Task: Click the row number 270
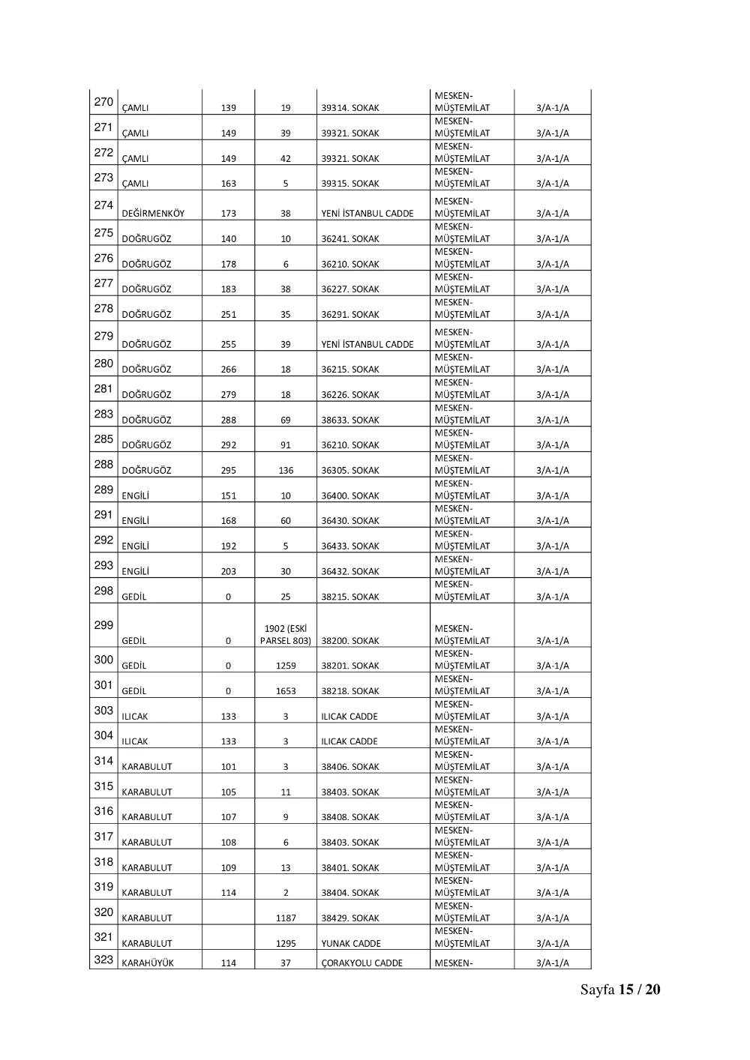point(103,102)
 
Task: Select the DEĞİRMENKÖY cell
point(153,214)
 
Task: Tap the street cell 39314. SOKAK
point(350,108)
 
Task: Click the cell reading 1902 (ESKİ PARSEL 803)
point(286,635)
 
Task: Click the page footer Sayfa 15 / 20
point(620,990)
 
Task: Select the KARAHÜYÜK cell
point(148,963)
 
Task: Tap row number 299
point(103,625)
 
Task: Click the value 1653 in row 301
point(286,691)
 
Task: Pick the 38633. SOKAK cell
point(350,421)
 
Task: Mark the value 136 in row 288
point(286,471)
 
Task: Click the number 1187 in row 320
point(286,918)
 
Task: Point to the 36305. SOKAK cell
point(350,471)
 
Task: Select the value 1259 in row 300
point(286,666)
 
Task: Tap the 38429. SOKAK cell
point(350,918)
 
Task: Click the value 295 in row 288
point(229,471)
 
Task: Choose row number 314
point(103,761)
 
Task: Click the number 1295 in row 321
point(286,944)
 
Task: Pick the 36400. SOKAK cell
point(350,496)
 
